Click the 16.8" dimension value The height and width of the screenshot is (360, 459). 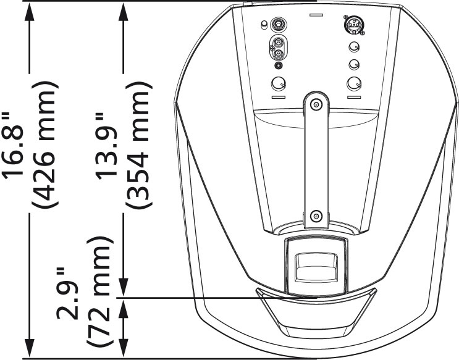point(13,144)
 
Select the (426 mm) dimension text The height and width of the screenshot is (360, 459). point(44,144)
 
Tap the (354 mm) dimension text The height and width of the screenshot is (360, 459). point(139,144)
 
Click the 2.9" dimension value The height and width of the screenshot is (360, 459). point(67,293)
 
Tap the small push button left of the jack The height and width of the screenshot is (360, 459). point(264,25)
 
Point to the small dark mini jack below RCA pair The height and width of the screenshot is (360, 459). point(279,65)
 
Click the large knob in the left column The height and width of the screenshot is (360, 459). point(279,84)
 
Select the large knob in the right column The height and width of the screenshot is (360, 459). point(354,84)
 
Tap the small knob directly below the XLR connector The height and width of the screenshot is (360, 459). point(354,47)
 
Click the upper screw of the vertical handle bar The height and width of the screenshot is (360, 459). point(316,104)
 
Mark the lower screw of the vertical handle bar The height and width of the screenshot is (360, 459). point(316,217)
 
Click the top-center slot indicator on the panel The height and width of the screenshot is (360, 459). point(316,14)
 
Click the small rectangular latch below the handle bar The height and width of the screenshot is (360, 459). point(316,267)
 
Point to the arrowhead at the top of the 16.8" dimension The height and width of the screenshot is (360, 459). point(29,12)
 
